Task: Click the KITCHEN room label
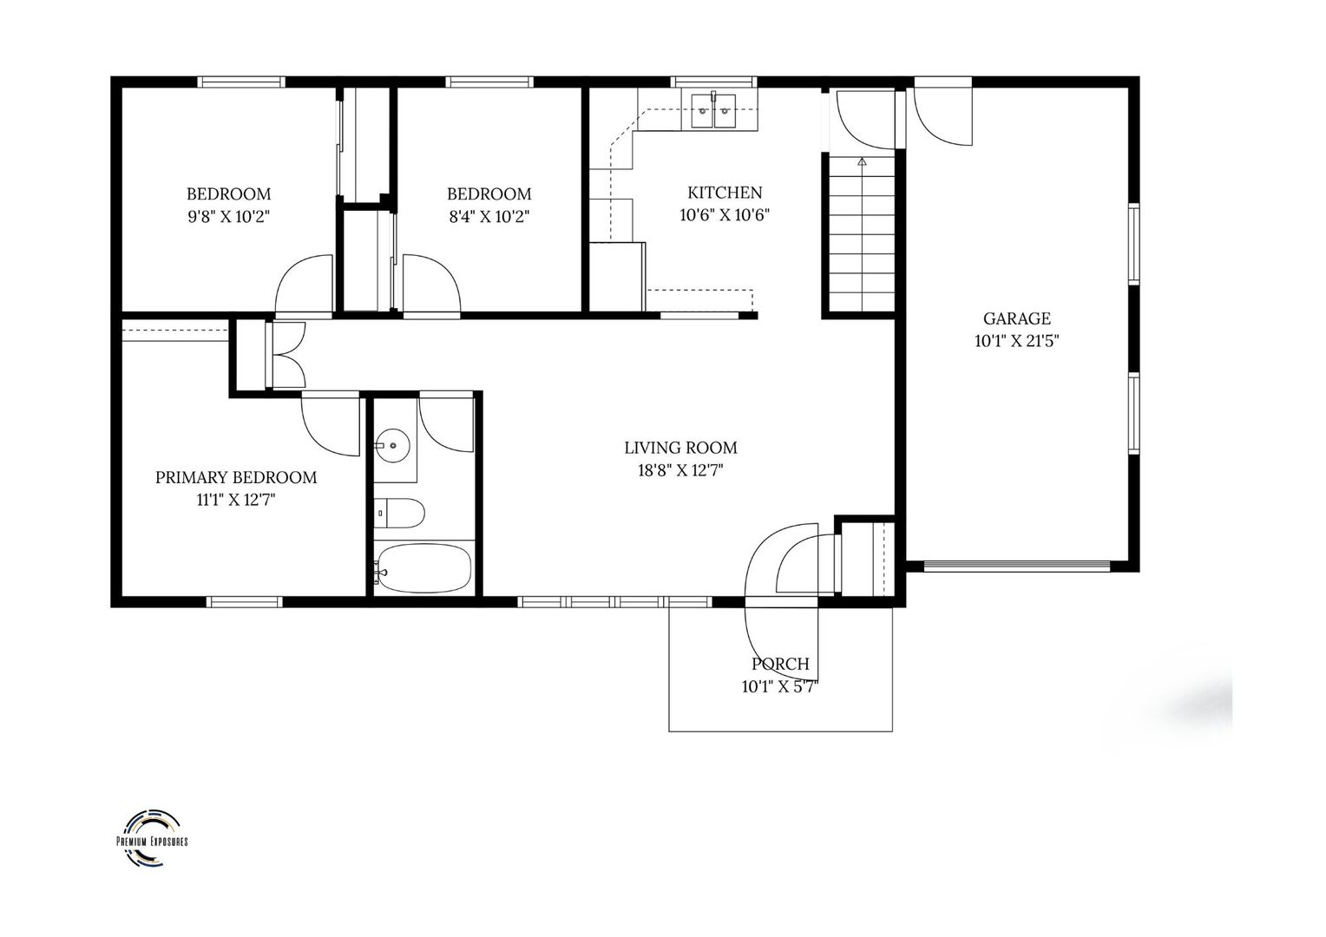click(725, 193)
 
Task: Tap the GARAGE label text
click(1016, 318)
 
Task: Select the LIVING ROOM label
click(680, 448)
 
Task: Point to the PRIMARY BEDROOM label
click(235, 477)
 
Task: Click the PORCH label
click(780, 664)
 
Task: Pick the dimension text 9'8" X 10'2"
click(228, 217)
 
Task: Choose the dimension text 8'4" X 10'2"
click(489, 217)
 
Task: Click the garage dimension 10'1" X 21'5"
click(1016, 341)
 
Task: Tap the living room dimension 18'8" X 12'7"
click(680, 470)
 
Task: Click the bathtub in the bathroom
click(423, 568)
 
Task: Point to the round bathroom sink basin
click(394, 447)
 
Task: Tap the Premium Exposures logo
click(152, 839)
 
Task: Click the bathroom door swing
click(445, 423)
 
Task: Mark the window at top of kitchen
click(714, 82)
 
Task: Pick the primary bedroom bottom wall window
click(244, 601)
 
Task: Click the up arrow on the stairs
click(862, 161)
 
